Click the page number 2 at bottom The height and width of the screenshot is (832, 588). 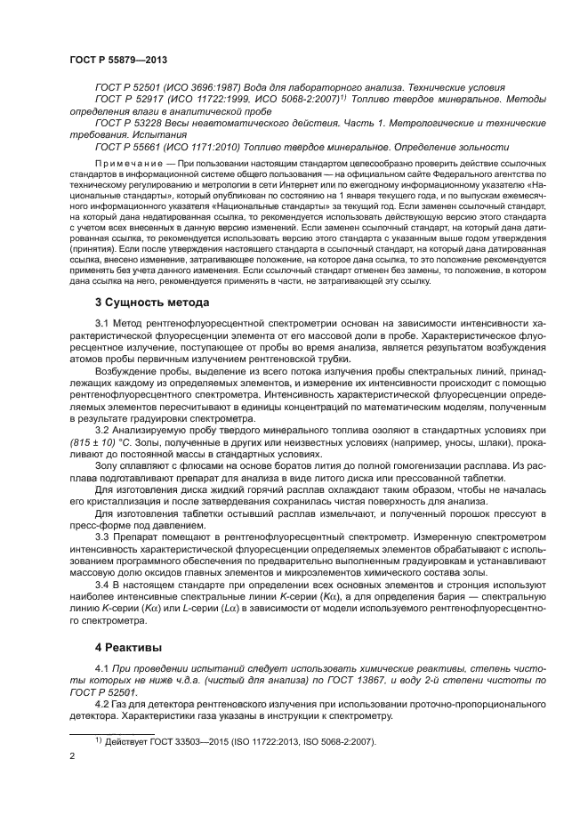pyautogui.click(x=72, y=756)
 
